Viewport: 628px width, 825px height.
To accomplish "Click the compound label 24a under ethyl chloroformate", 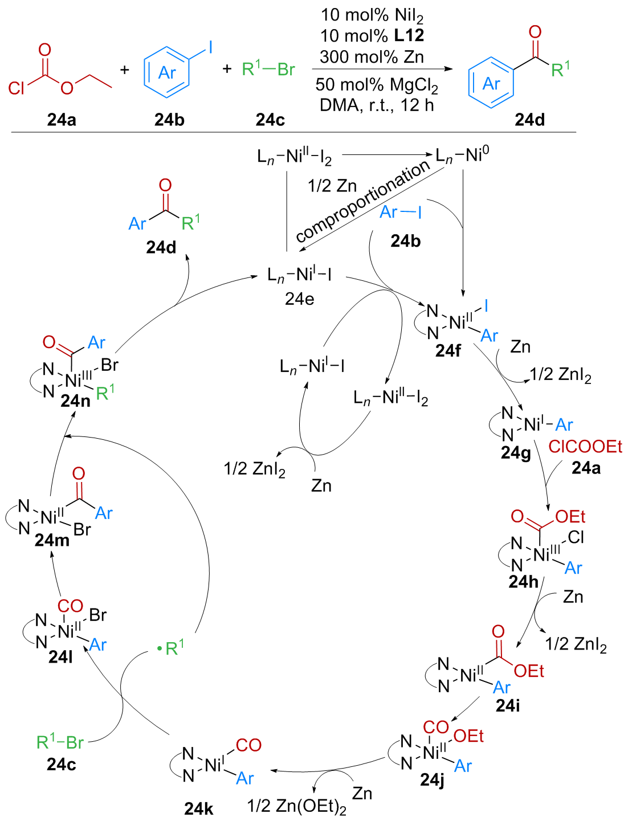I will [62, 120].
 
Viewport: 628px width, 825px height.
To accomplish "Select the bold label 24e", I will [299, 299].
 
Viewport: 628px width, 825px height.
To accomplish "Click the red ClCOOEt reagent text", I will [585, 447].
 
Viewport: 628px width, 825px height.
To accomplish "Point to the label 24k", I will [199, 808].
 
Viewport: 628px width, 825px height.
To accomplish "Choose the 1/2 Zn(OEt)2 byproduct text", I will [296, 807].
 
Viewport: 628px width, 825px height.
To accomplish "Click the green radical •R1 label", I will [171, 648].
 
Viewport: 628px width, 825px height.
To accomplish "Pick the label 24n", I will [75, 401].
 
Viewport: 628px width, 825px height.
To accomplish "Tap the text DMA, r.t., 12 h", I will [377, 105].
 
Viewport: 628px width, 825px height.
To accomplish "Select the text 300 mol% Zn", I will [372, 57].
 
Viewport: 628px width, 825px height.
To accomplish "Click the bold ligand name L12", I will [409, 36].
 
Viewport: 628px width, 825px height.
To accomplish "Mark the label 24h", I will [523, 582].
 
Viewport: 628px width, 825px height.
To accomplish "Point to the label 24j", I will [432, 779].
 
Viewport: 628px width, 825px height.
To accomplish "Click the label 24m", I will [52, 540].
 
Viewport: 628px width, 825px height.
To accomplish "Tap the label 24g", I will [516, 453].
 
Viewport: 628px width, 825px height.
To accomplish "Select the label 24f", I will [448, 351].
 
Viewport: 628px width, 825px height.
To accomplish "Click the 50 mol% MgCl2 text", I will [377, 85].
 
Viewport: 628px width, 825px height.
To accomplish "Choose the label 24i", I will [508, 705].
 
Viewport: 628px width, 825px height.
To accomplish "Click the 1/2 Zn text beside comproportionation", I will [332, 186].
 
